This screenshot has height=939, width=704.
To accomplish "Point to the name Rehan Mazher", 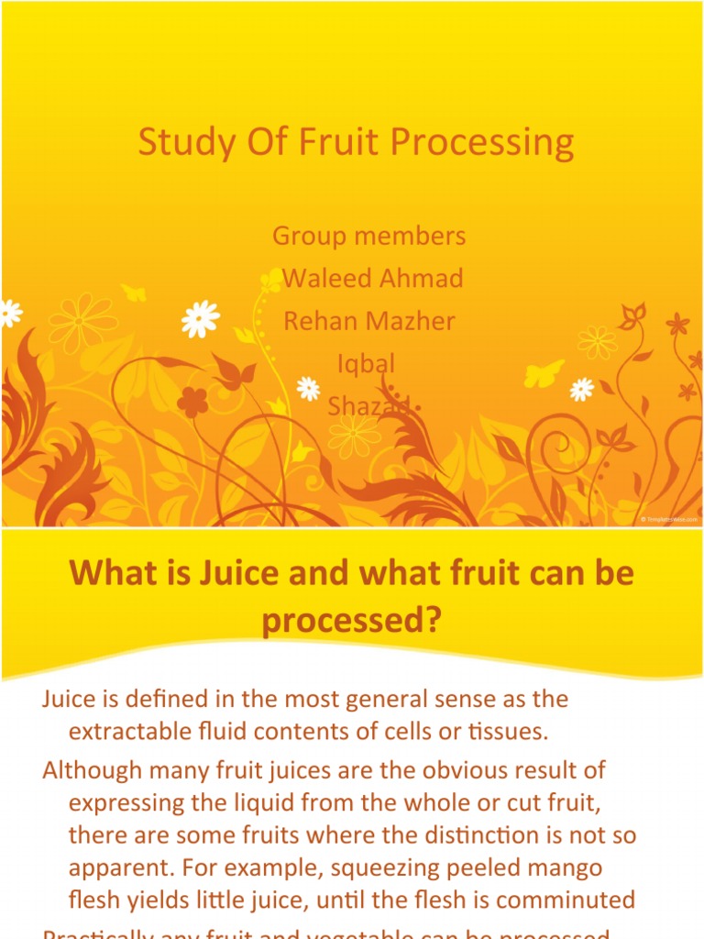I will click(x=369, y=321).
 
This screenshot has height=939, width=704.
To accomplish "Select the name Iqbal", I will click(x=366, y=363).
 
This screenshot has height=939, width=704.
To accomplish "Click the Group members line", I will click(x=369, y=236).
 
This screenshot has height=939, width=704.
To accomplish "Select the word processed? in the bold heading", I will click(x=352, y=622).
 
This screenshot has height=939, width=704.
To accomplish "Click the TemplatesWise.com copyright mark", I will click(x=669, y=519).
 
